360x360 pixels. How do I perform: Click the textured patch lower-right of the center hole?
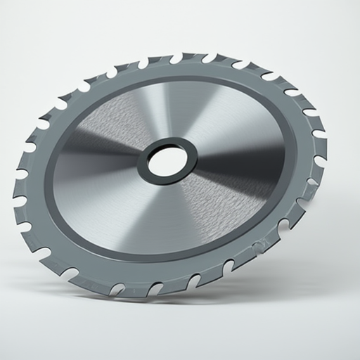coord(225,204)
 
